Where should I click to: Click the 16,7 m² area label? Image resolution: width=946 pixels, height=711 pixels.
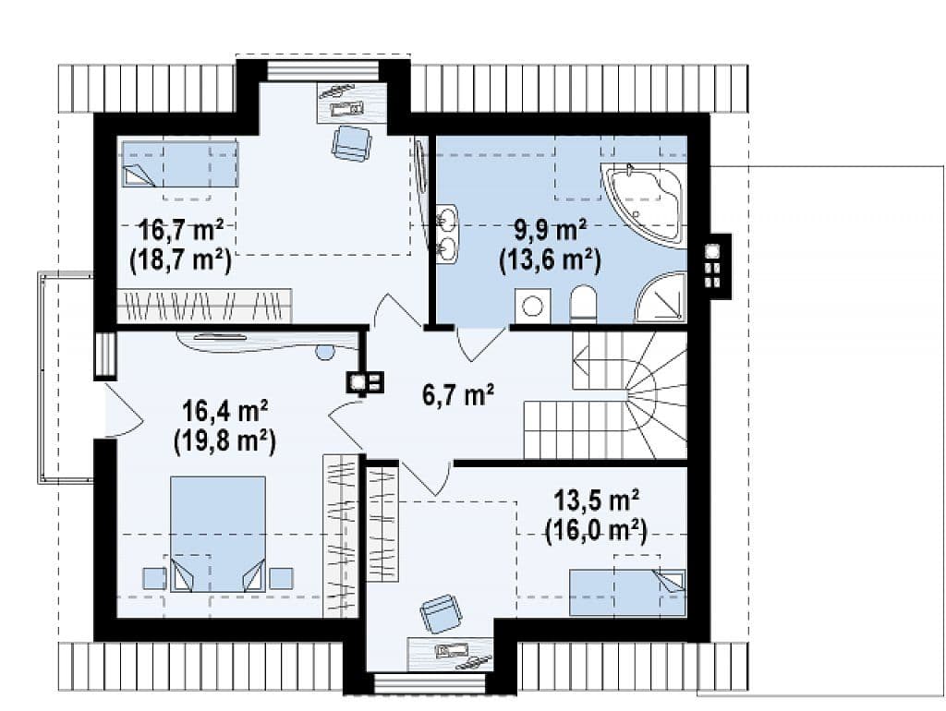[182, 230]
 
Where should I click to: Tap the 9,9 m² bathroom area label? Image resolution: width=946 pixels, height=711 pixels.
[551, 230]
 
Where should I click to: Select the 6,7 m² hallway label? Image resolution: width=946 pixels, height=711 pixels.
[458, 395]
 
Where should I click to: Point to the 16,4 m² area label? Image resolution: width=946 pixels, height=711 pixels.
[225, 413]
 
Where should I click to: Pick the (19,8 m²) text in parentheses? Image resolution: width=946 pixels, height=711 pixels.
[225, 442]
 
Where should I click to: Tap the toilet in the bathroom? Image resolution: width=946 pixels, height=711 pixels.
[583, 303]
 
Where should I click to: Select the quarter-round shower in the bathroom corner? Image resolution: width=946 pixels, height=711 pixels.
[661, 296]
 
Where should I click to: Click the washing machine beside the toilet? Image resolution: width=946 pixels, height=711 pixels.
[532, 305]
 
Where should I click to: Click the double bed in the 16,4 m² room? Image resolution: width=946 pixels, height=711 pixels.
[218, 534]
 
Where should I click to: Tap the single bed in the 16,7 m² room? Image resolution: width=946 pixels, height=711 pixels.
[180, 163]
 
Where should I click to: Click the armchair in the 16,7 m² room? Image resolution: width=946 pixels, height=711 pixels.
[351, 143]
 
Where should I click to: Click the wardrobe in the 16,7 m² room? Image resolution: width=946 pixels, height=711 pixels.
[204, 305]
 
